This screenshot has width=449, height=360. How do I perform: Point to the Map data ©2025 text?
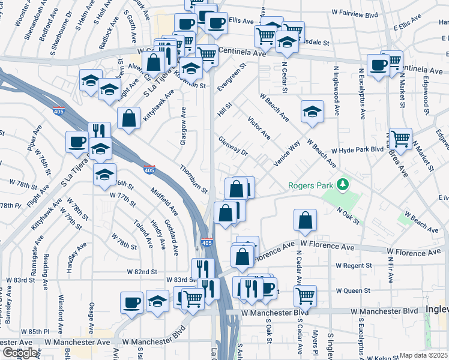(424, 355)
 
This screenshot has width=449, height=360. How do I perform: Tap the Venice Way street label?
(287, 156)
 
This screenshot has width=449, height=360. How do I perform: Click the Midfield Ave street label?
(165, 202)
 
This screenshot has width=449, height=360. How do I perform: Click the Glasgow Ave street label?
(182, 126)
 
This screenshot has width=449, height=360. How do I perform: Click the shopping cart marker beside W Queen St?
(305, 295)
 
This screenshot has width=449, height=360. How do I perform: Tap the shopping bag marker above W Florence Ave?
(306, 220)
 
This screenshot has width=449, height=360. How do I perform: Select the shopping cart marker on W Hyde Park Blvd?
(400, 139)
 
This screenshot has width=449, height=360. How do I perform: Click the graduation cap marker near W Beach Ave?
(312, 112)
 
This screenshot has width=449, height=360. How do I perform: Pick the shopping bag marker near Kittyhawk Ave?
(128, 118)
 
